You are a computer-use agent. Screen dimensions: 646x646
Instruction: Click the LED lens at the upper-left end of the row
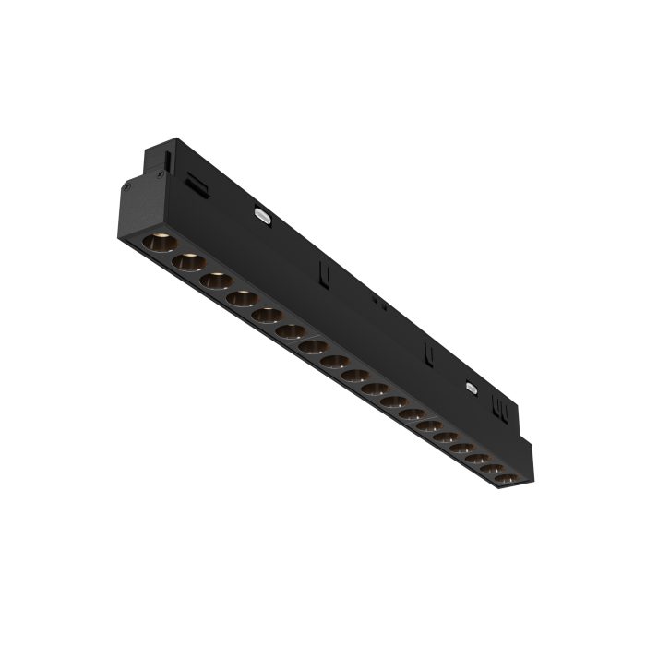pyautogui.click(x=158, y=244)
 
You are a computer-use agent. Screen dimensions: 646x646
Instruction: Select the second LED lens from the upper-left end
pyautogui.click(x=189, y=263)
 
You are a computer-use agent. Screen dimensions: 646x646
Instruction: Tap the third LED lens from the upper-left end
pyautogui.click(x=218, y=281)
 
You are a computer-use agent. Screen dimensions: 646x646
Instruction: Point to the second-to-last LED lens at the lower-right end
pyautogui.click(x=493, y=470)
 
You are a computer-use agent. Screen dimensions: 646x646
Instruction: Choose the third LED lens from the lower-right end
pyautogui.click(x=477, y=459)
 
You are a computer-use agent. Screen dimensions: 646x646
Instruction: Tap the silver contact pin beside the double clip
pyautogui.click(x=473, y=389)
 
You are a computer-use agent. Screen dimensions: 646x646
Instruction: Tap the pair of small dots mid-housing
pyautogui.click(x=375, y=300)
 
